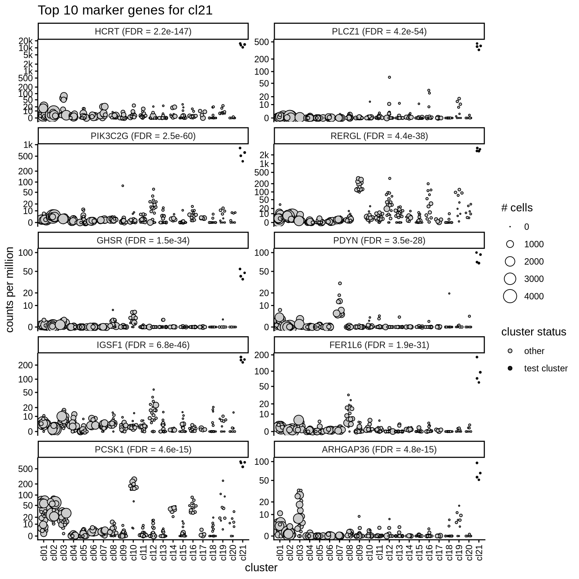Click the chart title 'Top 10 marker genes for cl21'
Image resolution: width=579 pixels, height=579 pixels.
pos(125,11)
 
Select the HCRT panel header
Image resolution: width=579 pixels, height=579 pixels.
pos(143,32)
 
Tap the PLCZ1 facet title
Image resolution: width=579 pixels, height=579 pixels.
pos(379,32)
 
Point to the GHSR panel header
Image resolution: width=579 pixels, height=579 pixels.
pos(143,240)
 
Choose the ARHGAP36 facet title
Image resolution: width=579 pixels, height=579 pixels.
pos(379,449)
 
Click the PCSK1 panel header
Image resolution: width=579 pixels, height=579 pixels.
pos(143,449)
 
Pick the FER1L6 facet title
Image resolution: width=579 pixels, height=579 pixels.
pos(379,345)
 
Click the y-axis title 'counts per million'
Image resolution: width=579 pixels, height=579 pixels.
pos(10,289)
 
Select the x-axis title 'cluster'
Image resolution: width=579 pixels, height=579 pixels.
pos(261,568)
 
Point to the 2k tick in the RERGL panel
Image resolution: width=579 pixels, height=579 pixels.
pos(264,155)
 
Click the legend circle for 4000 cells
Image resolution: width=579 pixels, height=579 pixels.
pos(510,296)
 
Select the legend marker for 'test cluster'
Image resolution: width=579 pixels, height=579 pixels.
pos(510,368)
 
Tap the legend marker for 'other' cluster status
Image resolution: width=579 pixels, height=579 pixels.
pos(510,351)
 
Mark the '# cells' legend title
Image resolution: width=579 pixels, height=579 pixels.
pos(516,208)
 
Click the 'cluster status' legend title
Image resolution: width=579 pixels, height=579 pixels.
pos(533,332)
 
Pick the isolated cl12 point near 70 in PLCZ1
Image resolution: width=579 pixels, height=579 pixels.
pos(389,77)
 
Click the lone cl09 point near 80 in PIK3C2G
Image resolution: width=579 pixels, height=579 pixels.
pos(123,185)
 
